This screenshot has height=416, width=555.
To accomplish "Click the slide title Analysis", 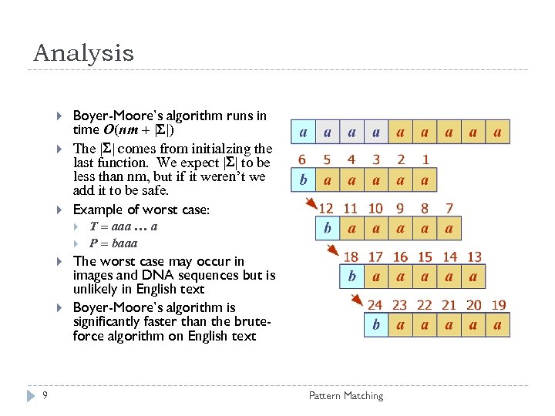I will (83, 53).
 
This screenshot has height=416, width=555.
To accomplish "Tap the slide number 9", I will (45, 396).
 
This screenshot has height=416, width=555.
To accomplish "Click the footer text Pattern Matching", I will (345, 396).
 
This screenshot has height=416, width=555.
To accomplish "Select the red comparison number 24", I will (375, 305).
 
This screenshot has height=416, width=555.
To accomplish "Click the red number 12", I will (326, 208).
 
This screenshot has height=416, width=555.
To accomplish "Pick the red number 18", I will (351, 257).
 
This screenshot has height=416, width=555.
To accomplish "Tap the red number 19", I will (498, 305).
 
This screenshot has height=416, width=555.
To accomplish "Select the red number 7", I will (449, 208).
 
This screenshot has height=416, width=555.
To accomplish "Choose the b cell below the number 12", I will (327, 229).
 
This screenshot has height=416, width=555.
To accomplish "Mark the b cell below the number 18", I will (351, 277).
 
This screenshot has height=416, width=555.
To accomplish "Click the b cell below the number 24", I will (375, 325).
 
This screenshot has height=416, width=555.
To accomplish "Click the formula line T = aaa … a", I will (123, 226).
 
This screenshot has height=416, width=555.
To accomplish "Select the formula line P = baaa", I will (113, 243).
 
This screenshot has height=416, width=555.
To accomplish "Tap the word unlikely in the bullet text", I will (93, 289).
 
